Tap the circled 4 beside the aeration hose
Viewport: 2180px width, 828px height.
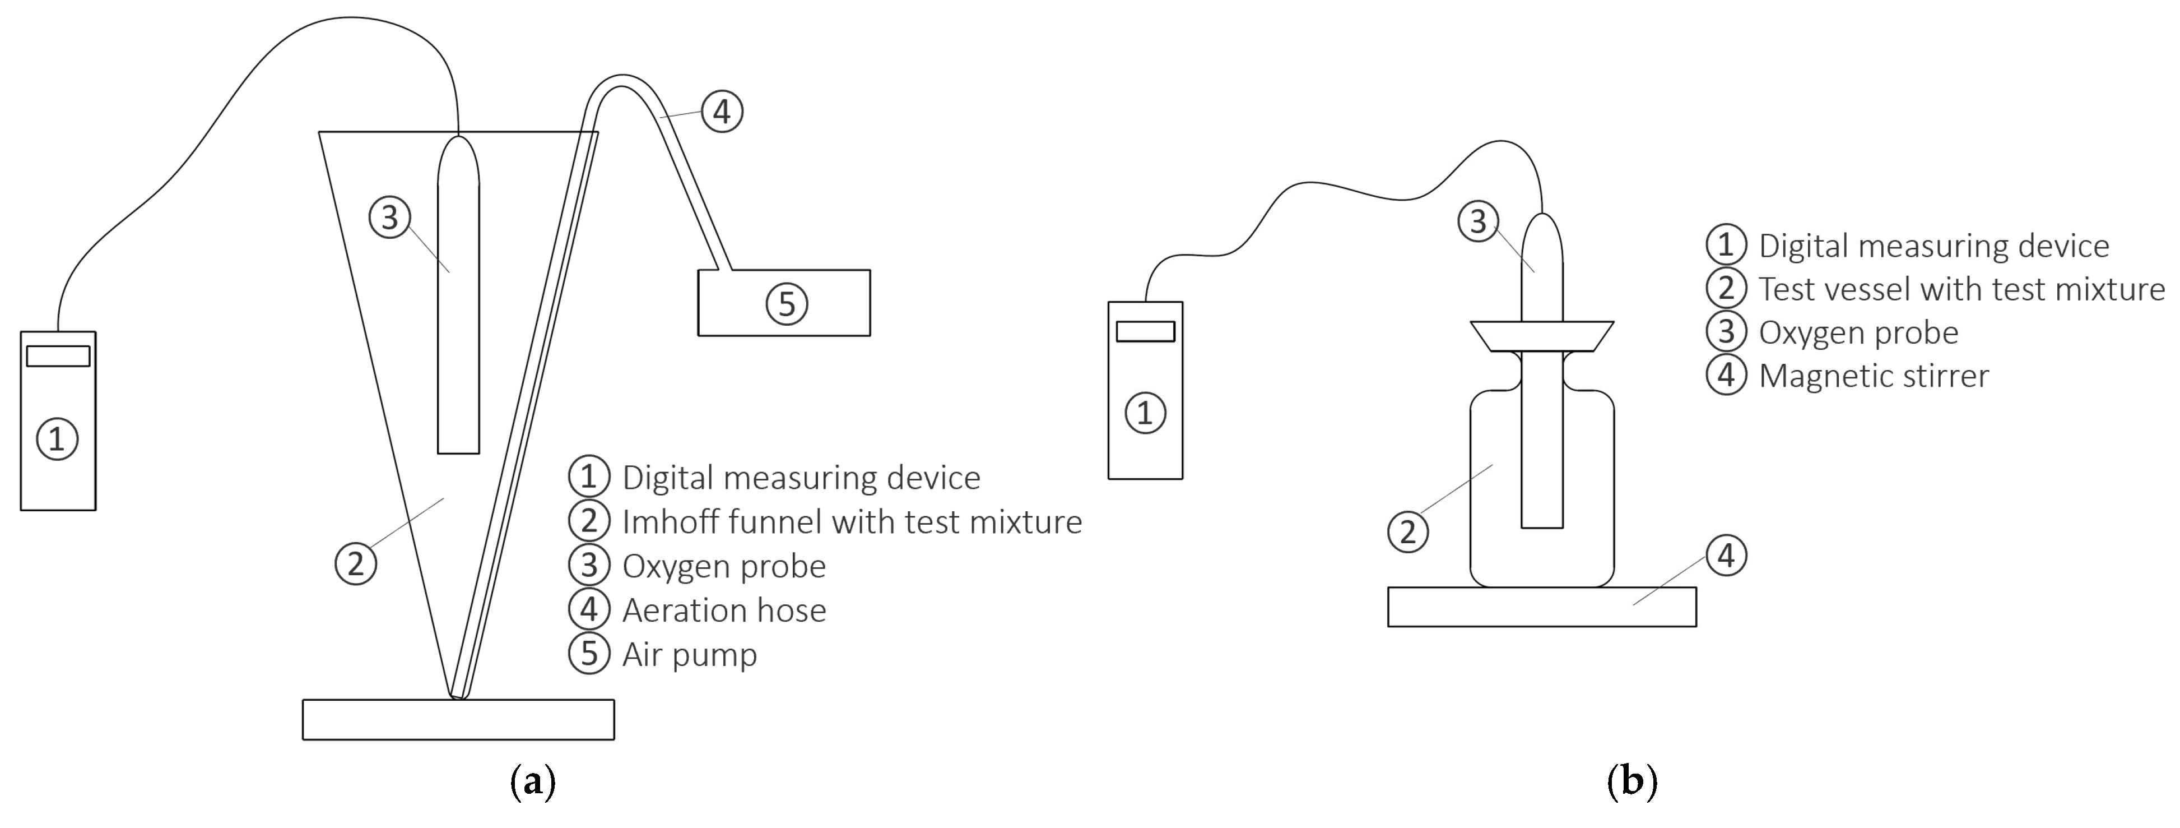pyautogui.click(x=722, y=112)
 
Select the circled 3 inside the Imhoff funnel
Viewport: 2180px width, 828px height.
pyautogui.click(x=389, y=218)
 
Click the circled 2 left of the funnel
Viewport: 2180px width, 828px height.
pyautogui.click(x=355, y=563)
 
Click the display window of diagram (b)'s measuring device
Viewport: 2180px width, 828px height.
pyautogui.click(x=1145, y=331)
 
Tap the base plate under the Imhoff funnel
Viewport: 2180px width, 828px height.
pyautogui.click(x=458, y=720)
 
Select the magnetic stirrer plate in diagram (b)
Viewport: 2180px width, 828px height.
pyautogui.click(x=1541, y=607)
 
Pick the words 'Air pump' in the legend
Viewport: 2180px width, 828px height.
pyautogui.click(x=690, y=654)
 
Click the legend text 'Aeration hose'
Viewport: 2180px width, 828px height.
pyautogui.click(x=724, y=610)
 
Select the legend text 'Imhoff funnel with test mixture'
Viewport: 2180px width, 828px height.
pyautogui.click(x=852, y=522)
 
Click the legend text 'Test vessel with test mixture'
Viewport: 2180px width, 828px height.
pyautogui.click(x=1961, y=289)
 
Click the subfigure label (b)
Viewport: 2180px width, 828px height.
pyautogui.click(x=1631, y=780)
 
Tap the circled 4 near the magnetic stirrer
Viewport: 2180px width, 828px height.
pyautogui.click(x=1726, y=556)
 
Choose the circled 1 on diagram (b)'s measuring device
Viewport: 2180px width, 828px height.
pyautogui.click(x=1145, y=413)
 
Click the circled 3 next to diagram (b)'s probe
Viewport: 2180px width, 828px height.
pyautogui.click(x=1477, y=222)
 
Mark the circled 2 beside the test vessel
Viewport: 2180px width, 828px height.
pyautogui.click(x=1408, y=531)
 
